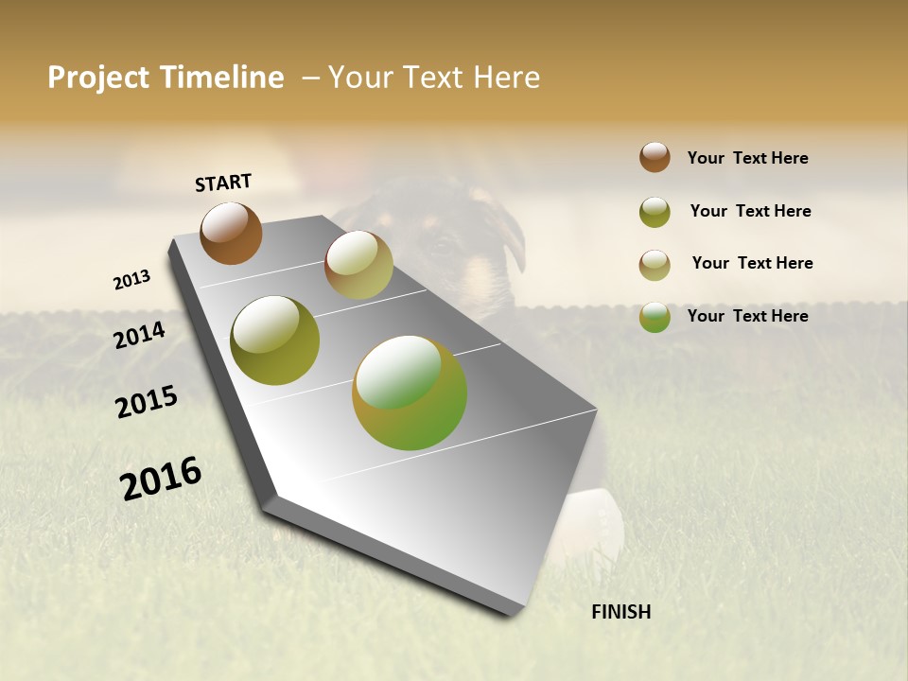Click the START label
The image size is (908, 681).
(x=223, y=183)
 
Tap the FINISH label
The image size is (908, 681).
(x=620, y=612)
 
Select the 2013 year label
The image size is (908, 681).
(x=131, y=280)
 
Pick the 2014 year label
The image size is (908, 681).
(x=139, y=335)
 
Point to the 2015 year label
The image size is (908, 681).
(x=147, y=401)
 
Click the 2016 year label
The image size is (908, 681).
(x=161, y=478)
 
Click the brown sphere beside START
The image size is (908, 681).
(x=231, y=234)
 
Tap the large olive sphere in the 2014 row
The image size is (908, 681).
(x=274, y=340)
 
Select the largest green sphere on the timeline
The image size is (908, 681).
(x=410, y=393)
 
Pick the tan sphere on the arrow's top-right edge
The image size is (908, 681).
(x=358, y=265)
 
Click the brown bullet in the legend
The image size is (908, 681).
(x=655, y=157)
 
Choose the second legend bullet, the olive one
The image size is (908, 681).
(x=655, y=212)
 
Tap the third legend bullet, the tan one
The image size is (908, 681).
(x=655, y=265)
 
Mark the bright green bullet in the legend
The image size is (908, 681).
(x=655, y=317)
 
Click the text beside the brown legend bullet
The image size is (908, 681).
(x=747, y=158)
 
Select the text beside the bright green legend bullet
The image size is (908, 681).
(x=747, y=316)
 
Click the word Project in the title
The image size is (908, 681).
(x=97, y=78)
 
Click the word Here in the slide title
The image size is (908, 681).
(x=506, y=78)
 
